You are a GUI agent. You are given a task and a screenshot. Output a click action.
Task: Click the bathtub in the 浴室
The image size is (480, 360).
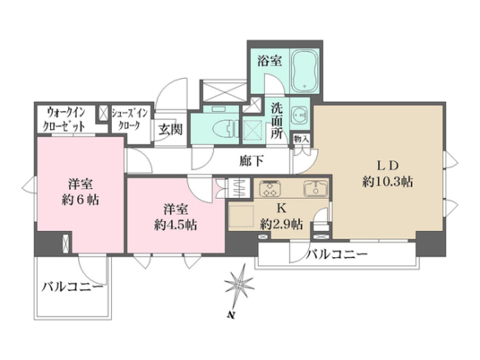305,71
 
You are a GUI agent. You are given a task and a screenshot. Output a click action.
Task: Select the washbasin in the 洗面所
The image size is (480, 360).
300,115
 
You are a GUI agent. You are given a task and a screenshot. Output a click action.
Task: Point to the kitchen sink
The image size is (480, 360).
316,188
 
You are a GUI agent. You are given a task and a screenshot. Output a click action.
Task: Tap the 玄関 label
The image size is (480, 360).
170,129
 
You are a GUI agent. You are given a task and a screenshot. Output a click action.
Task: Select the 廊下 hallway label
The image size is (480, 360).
252,161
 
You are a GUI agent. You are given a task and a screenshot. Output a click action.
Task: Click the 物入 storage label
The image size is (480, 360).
301,139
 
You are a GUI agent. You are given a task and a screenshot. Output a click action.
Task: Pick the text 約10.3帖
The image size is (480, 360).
388,182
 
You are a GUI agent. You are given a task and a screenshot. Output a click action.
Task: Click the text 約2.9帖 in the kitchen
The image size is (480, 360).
281,224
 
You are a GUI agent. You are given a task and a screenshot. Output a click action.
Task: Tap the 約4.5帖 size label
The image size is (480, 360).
175,225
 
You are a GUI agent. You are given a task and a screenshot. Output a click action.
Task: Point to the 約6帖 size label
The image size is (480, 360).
81,201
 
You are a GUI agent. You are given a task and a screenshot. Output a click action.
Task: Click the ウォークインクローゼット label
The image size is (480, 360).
64,119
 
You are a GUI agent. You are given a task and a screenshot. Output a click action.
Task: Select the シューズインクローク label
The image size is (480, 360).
129,119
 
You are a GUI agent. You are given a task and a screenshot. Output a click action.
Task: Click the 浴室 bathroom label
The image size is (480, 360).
270,61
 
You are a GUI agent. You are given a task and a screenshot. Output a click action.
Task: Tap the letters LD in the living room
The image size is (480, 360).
387,165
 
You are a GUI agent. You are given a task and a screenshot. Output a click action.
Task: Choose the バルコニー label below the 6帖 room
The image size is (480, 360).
72,288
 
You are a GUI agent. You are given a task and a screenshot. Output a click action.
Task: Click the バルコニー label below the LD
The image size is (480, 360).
337,254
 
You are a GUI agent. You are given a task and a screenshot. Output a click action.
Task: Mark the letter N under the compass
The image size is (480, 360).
230,315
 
